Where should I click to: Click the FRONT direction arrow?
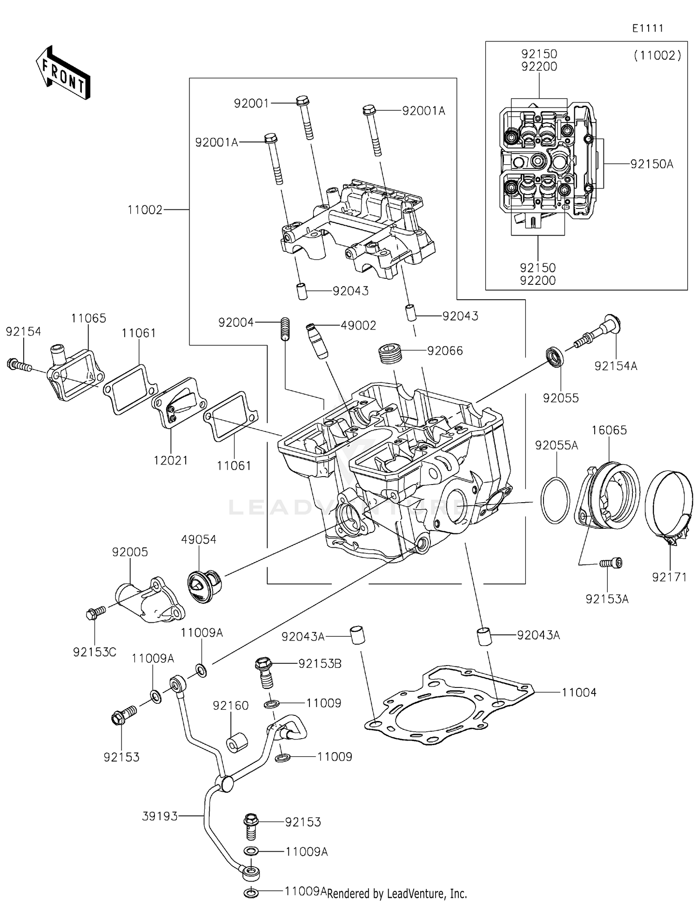click(62, 73)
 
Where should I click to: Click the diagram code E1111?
click(647, 28)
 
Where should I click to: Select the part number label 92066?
click(445, 351)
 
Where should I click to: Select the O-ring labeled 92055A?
click(555, 500)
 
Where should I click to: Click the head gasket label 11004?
click(579, 693)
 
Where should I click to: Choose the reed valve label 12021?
click(171, 460)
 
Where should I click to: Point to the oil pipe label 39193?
click(160, 816)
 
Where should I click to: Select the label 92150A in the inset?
click(651, 164)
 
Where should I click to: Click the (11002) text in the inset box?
click(657, 56)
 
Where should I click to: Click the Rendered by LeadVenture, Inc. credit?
click(397, 894)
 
